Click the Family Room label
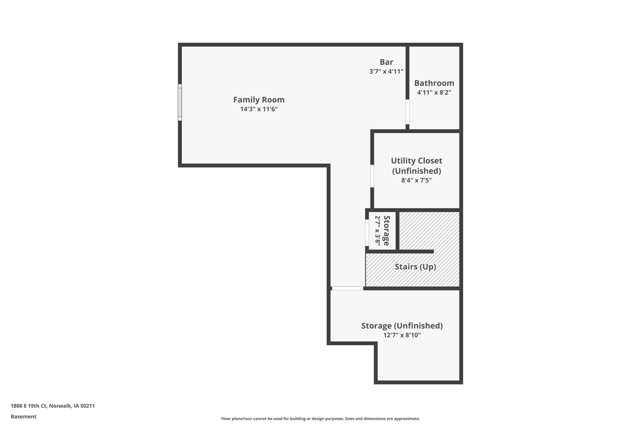pos(259,100)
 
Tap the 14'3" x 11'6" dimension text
pos(259,109)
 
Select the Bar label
pos(386,62)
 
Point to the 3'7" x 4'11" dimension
pos(386,71)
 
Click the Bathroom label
pos(434,83)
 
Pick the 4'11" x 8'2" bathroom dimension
pos(434,92)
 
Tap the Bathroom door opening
pos(407,112)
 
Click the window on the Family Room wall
pos(180,102)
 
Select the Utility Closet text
pos(416,165)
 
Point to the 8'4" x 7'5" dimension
pos(416,180)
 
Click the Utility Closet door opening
pos(372,176)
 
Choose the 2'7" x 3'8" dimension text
pos(377,229)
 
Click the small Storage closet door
pos(367,233)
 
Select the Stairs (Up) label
pos(415,267)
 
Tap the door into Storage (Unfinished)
pos(347,288)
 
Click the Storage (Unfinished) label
pos(402,326)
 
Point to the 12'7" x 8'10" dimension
pos(402,335)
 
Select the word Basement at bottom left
pos(24,416)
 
